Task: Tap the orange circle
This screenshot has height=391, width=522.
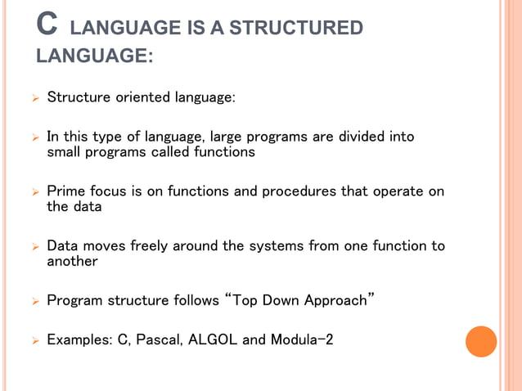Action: pyautogui.click(x=481, y=341)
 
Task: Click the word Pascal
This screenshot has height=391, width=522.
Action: pyautogui.click(x=160, y=339)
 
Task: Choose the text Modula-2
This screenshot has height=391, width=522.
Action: pyautogui.click(x=300, y=339)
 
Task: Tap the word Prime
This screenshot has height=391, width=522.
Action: pyautogui.click(x=66, y=191)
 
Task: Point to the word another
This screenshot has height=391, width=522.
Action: pyautogui.click(x=72, y=262)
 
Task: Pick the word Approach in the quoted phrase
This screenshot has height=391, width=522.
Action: pyautogui.click(x=335, y=300)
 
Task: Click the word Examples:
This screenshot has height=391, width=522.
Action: pyautogui.click(x=80, y=339)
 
